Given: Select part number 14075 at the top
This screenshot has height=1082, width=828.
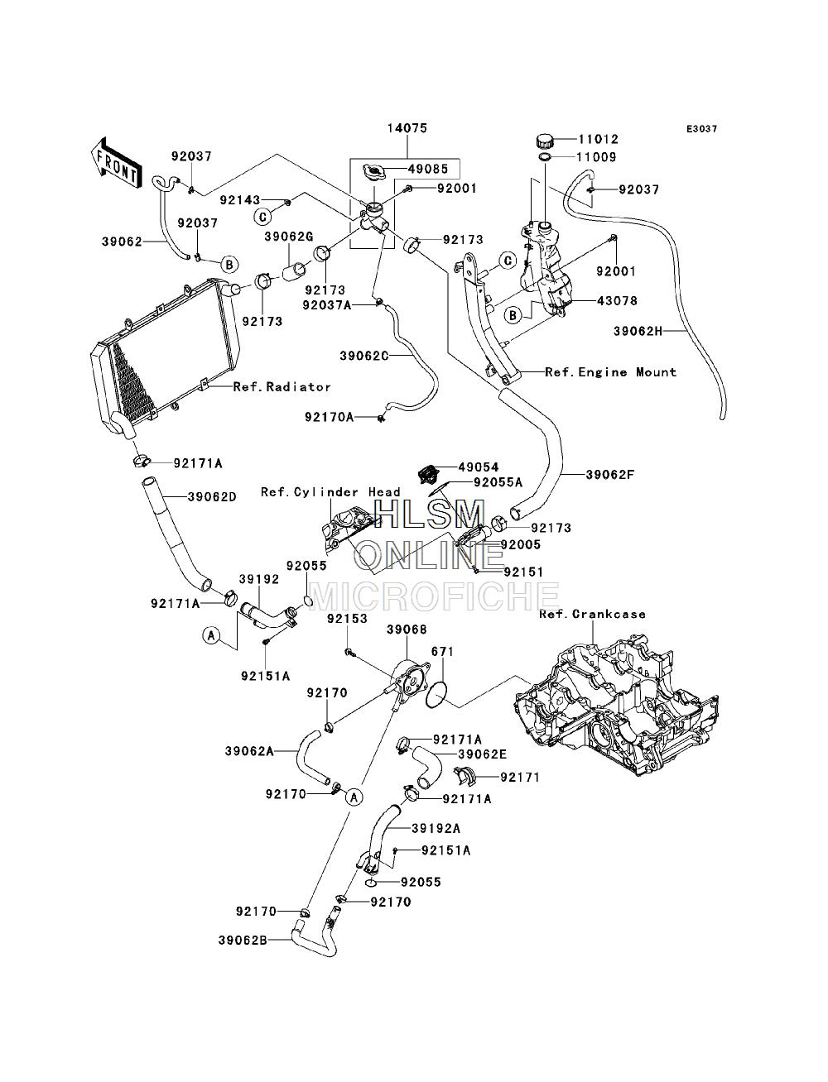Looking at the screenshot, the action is tap(407, 128).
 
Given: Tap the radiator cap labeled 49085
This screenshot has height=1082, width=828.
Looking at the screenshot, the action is tap(374, 172).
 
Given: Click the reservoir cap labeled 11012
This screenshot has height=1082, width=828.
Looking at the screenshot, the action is tap(545, 141).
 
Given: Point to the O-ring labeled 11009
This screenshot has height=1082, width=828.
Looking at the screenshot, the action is tap(544, 157).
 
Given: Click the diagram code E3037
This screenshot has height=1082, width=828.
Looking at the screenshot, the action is tap(701, 129).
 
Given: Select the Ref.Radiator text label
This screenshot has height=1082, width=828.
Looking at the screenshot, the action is tap(282, 387).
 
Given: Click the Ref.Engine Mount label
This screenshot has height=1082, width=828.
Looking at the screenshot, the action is tap(610, 372).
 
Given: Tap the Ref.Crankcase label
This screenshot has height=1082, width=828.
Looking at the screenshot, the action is tap(592, 614).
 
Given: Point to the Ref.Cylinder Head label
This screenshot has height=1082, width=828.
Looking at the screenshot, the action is tap(330, 492).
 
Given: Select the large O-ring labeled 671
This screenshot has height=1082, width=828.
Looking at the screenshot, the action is tap(436, 695).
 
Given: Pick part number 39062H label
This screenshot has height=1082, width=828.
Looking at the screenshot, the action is tap(638, 331).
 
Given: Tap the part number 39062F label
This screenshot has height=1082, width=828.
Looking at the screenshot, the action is tap(610, 475).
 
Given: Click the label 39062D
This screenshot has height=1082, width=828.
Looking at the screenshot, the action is tap(212, 497).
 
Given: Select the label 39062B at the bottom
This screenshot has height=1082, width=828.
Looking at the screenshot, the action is tap(243, 941).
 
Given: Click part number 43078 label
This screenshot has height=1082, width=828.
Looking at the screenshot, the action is tap(617, 300).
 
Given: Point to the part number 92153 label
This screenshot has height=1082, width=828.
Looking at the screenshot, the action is tap(347, 619).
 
